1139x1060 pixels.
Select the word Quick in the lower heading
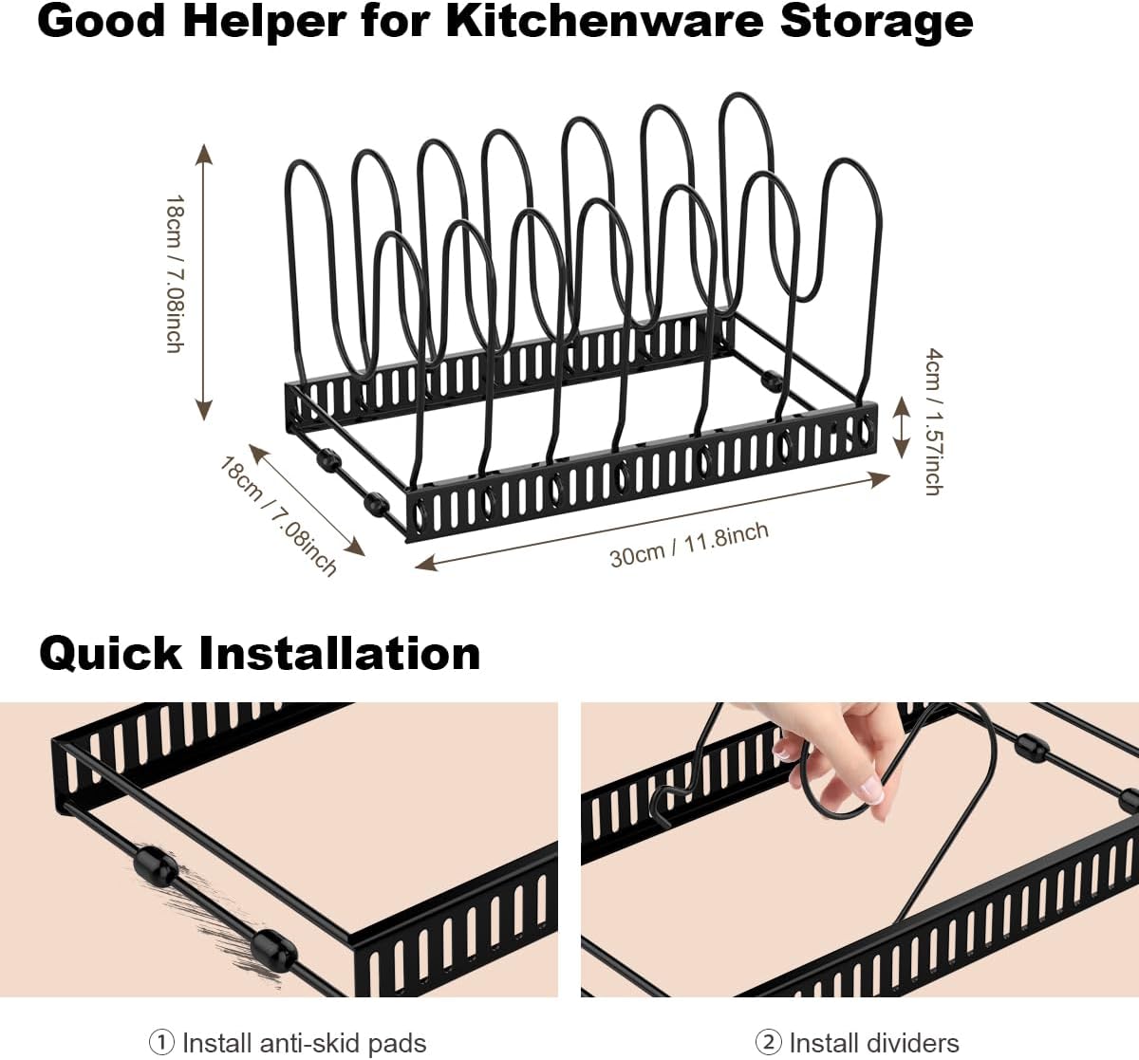pos(110,654)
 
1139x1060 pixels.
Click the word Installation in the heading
pos(340,654)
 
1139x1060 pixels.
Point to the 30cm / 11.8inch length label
pos(688,545)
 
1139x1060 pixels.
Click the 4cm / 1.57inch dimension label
pos(934,421)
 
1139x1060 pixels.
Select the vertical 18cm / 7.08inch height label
pos(175,274)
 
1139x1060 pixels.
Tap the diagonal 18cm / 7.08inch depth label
pos(278,516)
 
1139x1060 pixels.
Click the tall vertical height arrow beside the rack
pos(203,281)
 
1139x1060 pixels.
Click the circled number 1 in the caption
pos(162,1043)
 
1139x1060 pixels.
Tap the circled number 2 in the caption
pos(769,1043)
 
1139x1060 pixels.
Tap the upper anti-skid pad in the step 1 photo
pos(155,866)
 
